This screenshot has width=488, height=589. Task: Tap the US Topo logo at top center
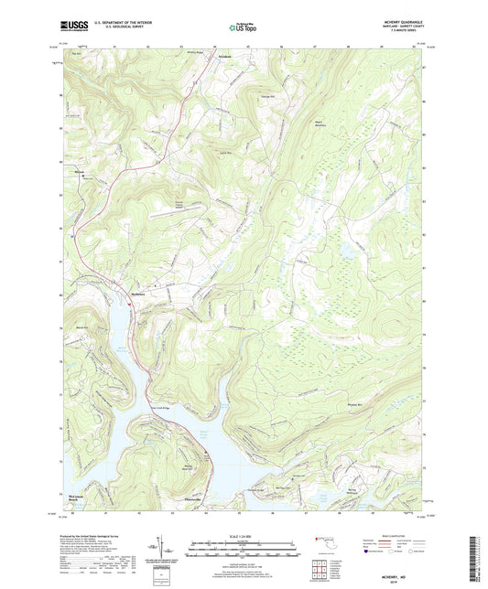(x=243, y=28)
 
